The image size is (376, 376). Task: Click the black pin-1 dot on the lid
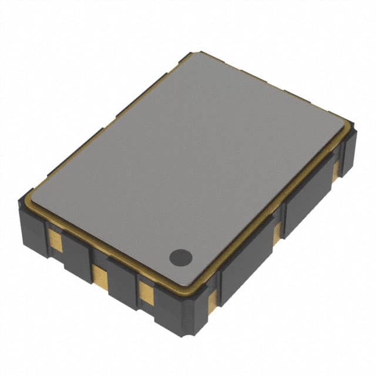180,256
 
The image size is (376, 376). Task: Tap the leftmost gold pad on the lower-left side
54,239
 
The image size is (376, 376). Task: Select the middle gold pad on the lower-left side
99,274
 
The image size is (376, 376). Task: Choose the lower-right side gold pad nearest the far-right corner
335,170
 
